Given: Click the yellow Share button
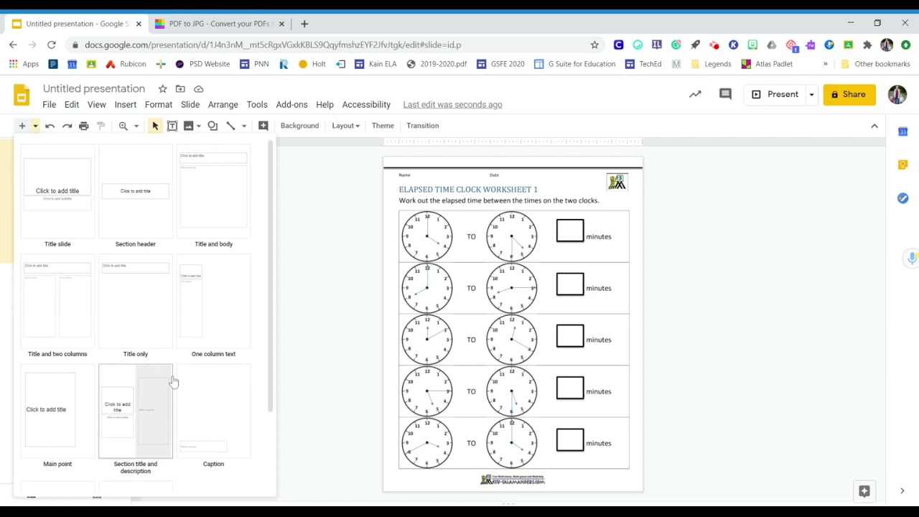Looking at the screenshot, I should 849,94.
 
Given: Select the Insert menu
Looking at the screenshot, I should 125,105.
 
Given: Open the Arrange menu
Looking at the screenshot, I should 223,105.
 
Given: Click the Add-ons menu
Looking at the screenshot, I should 291,105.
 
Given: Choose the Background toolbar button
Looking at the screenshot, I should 299,126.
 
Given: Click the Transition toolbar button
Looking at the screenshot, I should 422,126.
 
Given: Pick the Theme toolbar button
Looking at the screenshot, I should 383,126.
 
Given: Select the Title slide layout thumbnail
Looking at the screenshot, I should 57,192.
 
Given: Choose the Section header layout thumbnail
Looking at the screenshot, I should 136,192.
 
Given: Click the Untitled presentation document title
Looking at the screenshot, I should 94,88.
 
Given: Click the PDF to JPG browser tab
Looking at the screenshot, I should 215,24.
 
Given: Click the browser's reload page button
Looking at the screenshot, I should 52,45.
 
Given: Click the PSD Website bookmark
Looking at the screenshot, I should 202,64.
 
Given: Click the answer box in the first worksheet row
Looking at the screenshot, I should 570,230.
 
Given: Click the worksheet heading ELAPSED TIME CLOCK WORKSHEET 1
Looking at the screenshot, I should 468,190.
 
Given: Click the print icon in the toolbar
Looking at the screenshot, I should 84,126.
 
